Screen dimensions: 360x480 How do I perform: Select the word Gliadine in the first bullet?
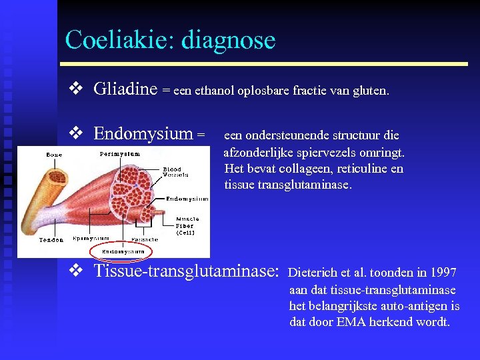pos(125,88)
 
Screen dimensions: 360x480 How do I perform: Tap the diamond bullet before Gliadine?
pos(75,88)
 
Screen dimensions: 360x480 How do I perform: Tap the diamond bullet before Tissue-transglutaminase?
pos(75,271)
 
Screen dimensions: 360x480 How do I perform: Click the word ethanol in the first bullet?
pos(216,90)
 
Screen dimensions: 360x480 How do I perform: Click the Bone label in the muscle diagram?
pos(53,155)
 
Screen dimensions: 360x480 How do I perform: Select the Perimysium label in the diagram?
pos(120,153)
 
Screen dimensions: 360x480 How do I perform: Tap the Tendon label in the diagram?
pos(51,239)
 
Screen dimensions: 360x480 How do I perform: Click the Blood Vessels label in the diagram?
pos(175,172)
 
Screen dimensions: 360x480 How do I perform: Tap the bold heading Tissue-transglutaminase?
pos(185,271)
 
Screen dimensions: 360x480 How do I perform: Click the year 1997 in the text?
pos(443,273)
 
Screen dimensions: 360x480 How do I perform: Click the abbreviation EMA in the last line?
pos(346,323)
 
